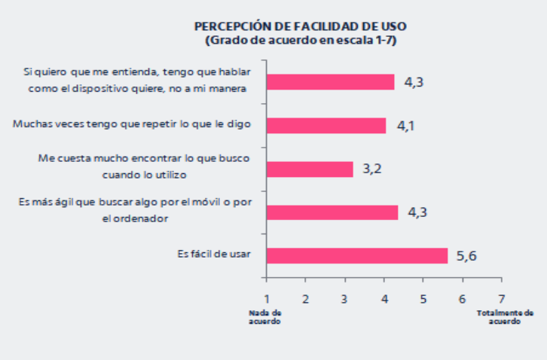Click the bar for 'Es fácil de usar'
(x=356, y=255)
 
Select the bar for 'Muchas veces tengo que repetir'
(x=325, y=125)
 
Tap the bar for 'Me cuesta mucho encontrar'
(x=309, y=169)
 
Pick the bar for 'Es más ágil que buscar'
(x=332, y=212)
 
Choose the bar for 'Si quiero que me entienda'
(x=330, y=81)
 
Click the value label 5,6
(x=466, y=256)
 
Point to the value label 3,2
(x=371, y=169)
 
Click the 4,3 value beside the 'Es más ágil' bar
(x=417, y=212)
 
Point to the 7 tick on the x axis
(x=502, y=299)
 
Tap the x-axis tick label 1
(x=266, y=299)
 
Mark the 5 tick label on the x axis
(x=423, y=299)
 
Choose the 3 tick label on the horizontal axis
(x=344, y=299)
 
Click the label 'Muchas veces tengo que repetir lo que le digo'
(x=132, y=124)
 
